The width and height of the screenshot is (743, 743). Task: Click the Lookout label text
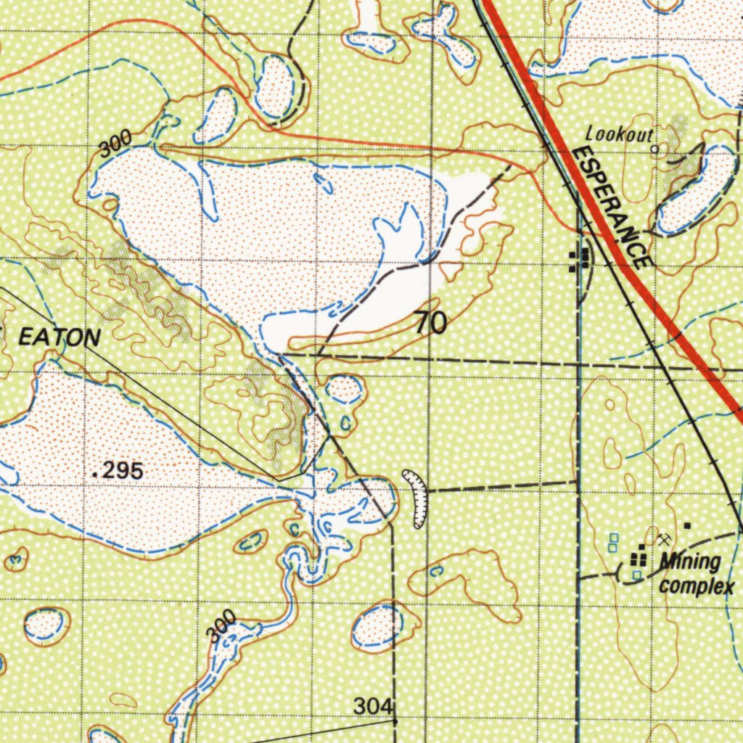tap(619, 134)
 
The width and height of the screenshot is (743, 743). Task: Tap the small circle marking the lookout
tap(654, 149)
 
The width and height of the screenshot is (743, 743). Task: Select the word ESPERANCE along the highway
tap(609, 207)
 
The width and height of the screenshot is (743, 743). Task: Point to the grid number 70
tap(431, 324)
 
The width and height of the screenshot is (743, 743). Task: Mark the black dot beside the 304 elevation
tap(395, 722)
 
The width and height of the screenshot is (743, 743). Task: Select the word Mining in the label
tap(690, 562)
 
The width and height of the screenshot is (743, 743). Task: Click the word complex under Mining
tap(696, 586)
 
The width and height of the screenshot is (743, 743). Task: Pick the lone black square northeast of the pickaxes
tap(687, 525)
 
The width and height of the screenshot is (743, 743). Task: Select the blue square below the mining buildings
tap(636, 575)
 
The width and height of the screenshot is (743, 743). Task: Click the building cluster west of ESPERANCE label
tap(578, 260)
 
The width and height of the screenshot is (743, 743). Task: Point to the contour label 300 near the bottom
tap(221, 625)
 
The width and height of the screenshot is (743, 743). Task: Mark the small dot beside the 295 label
tap(95, 474)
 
